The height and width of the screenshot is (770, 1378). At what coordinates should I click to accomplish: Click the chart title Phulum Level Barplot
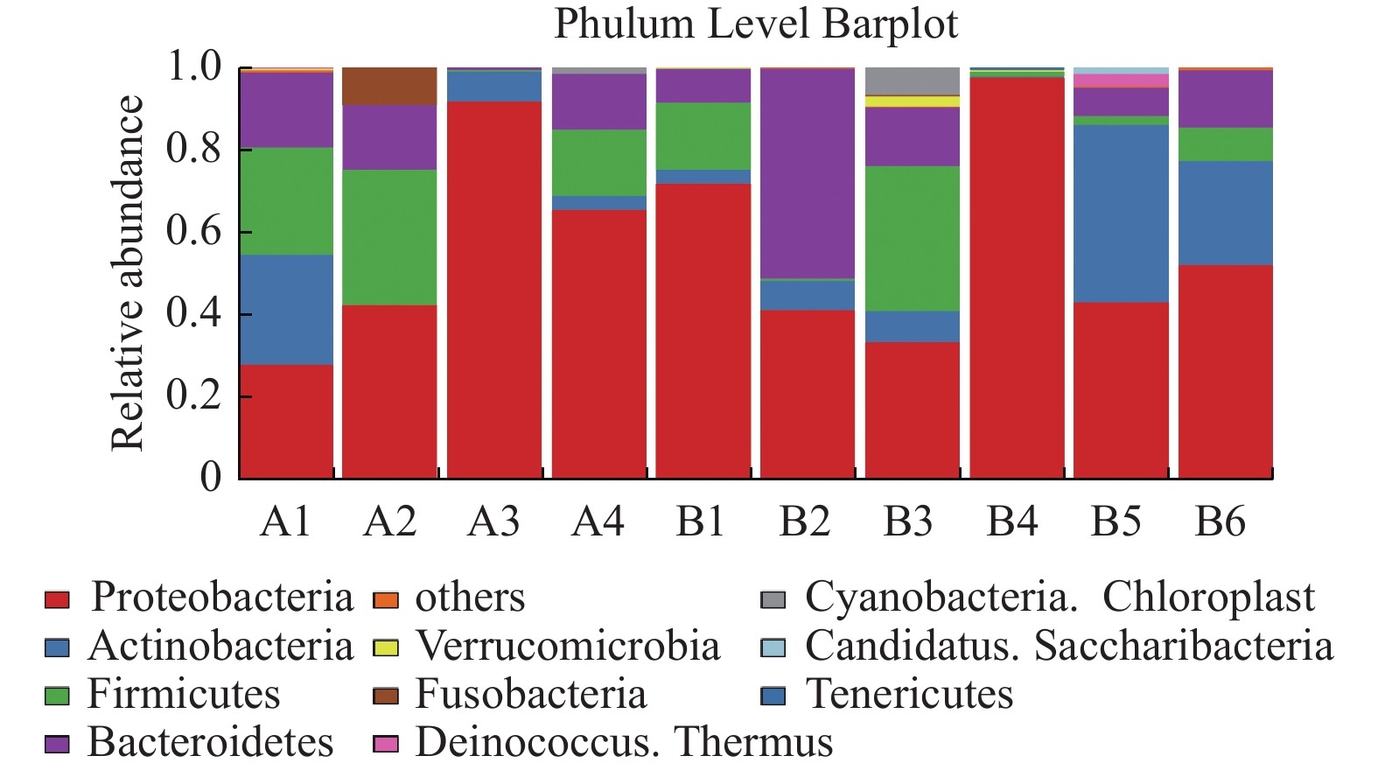coord(756,24)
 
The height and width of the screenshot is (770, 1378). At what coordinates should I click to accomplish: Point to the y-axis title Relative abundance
coord(128,273)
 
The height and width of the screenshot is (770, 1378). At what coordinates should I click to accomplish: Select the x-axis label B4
coord(1012,521)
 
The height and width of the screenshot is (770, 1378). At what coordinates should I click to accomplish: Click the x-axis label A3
coord(493,521)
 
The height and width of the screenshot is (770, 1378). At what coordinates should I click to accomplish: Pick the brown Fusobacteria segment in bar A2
coord(389,86)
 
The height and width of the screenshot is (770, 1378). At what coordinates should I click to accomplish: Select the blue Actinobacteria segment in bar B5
coord(1121,213)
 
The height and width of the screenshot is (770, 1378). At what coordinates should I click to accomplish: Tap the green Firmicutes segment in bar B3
coord(912,238)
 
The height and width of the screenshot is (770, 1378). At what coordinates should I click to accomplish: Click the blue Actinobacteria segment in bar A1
coord(286,309)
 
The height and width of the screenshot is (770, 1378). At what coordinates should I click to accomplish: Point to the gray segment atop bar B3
coord(912,80)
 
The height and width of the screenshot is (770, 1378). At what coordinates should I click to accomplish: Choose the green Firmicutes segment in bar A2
coord(389,237)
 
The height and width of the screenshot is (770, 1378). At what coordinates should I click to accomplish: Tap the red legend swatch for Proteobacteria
coord(57,599)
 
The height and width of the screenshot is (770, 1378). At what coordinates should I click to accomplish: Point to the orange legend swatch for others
coord(385,599)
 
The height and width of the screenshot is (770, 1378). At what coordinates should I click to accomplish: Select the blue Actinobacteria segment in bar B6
coord(1225,213)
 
